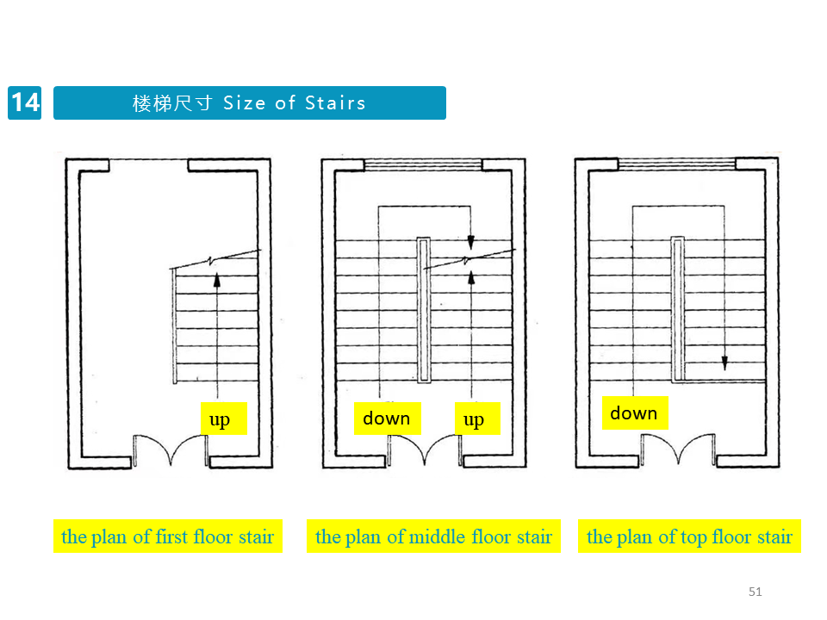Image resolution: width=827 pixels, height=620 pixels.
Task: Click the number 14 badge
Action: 24,102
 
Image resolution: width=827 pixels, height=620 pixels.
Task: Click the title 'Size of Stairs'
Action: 295,103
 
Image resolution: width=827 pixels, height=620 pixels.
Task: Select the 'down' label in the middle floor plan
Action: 387,418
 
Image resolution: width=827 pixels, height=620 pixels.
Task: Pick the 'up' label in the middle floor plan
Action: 474,419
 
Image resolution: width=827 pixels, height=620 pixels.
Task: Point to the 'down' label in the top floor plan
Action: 633,413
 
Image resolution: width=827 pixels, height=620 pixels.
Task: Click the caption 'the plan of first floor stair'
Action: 167,536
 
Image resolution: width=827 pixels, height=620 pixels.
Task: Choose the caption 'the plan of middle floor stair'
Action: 433,536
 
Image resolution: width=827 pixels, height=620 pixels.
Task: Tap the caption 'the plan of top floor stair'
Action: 689,536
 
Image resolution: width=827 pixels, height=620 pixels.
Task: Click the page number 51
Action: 755,592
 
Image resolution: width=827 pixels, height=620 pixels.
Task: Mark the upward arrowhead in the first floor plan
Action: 216,279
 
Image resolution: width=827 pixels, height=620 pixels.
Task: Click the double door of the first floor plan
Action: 171,448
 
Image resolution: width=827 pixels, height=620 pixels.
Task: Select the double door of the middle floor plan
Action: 424,448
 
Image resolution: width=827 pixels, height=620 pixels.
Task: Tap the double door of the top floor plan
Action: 677,448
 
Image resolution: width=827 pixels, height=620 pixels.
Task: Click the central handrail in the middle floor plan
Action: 423,309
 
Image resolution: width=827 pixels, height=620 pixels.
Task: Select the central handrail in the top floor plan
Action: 677,309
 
